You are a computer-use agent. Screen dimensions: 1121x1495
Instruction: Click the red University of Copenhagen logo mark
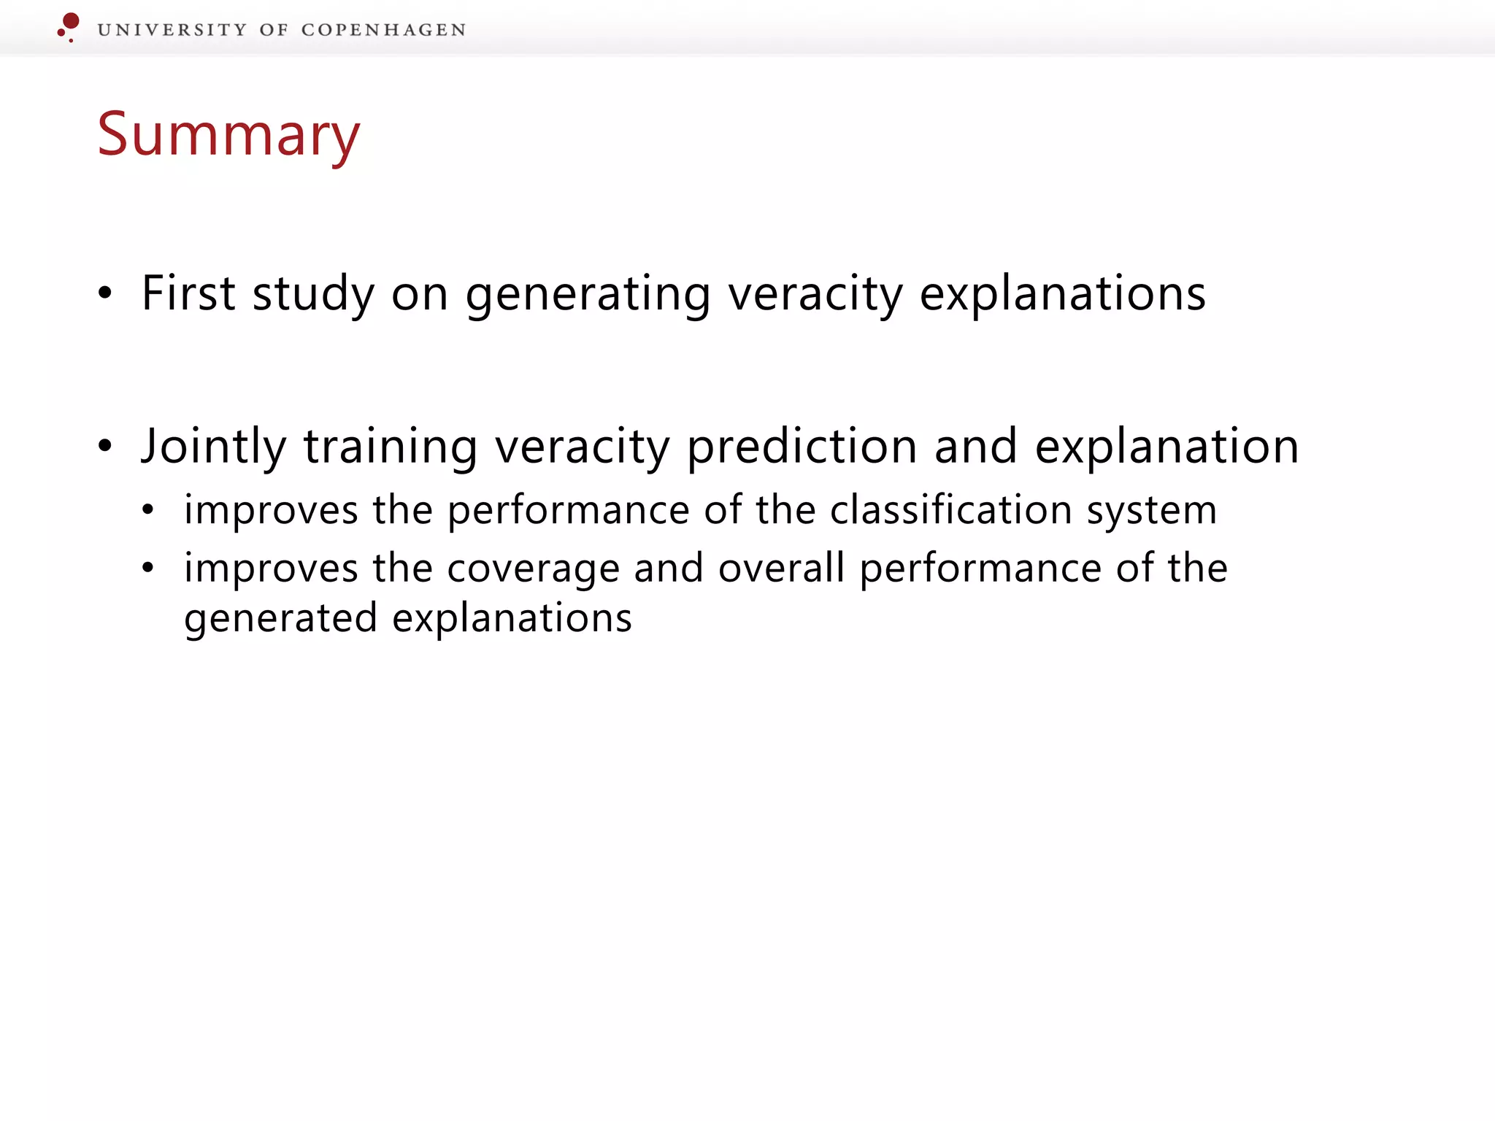tap(69, 26)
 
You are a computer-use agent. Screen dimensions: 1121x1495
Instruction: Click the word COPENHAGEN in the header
tap(383, 30)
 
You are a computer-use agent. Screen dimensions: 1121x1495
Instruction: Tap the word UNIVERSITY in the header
tap(172, 30)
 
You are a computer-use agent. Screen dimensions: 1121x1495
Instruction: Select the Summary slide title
tap(228, 135)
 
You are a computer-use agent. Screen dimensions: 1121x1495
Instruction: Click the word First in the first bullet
tap(188, 293)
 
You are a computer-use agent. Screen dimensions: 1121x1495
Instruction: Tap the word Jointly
tap(213, 447)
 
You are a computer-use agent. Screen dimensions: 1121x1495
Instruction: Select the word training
tap(391, 447)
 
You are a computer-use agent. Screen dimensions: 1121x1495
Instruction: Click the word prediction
tap(802, 447)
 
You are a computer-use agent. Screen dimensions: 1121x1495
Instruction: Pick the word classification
tap(950, 509)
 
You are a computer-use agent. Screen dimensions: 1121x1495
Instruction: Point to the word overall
tap(781, 568)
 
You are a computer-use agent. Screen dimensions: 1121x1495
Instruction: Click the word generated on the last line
tap(280, 619)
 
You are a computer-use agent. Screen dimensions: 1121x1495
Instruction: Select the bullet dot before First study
tap(105, 293)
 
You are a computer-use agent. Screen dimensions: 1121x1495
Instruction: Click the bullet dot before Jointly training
tap(105, 446)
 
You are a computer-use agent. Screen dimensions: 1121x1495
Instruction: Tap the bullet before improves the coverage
tap(148, 568)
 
